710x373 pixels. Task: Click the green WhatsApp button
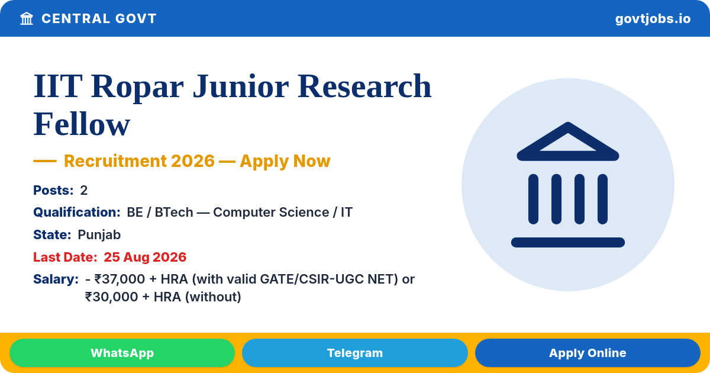tap(122, 353)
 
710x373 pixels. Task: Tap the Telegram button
tap(354, 353)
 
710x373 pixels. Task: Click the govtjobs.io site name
tap(653, 19)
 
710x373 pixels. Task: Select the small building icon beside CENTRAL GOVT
tap(27, 18)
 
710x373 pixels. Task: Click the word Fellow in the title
tap(82, 124)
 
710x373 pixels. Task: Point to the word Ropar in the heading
tap(137, 87)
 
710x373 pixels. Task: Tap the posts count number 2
tap(83, 190)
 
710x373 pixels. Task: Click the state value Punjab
tap(99, 235)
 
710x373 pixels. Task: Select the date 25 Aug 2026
tap(145, 257)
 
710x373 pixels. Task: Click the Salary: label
tap(56, 279)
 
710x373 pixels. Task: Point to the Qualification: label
tap(77, 212)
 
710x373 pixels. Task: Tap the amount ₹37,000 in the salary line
tap(120, 279)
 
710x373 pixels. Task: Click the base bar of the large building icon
tap(567, 242)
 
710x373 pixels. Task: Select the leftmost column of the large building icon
tap(533, 199)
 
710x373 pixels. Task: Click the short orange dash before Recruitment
tap(45, 161)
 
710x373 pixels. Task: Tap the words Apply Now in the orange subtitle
tap(285, 161)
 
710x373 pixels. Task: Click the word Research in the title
tap(364, 86)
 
